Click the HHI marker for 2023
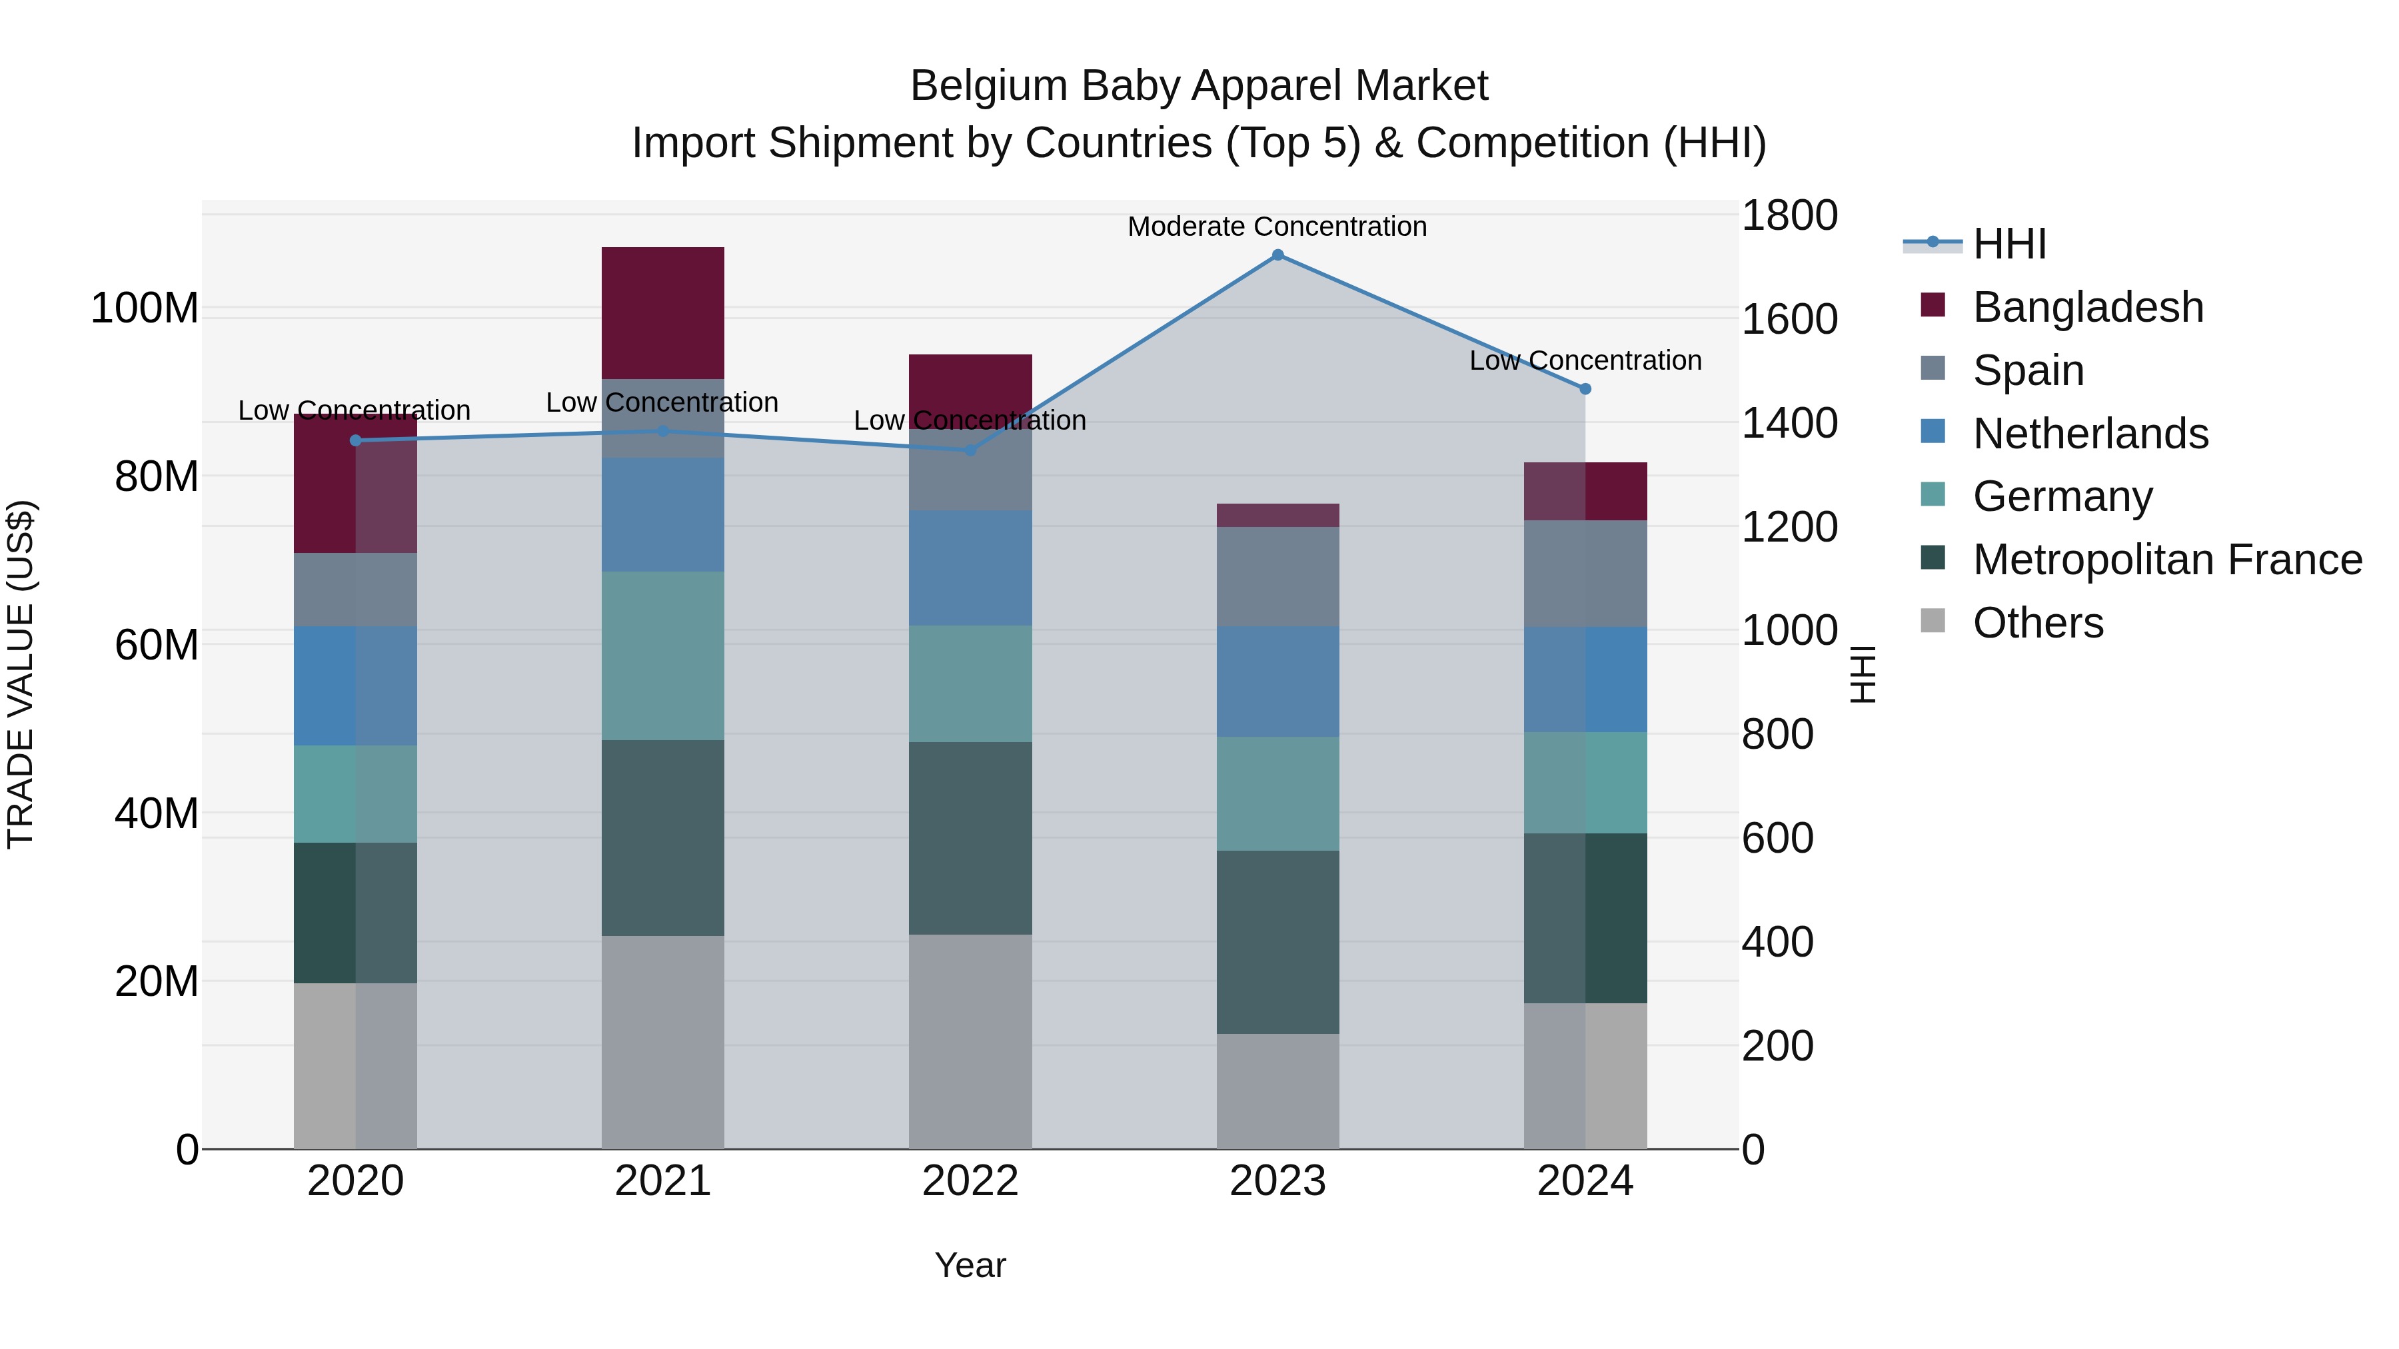coord(1277,254)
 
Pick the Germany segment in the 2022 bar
coord(970,683)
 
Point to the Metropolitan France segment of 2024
coord(1585,917)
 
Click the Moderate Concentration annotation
coord(1277,226)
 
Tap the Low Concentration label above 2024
coord(1585,360)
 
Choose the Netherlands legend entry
coord(2090,434)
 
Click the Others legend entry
coord(2038,623)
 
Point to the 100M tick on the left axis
coord(145,308)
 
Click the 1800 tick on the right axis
coord(1788,216)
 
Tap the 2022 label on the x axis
coord(970,1181)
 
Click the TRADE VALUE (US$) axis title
coord(21,674)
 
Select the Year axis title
coord(970,1265)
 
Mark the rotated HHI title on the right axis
coord(1863,674)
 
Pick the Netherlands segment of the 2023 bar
coord(1277,681)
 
